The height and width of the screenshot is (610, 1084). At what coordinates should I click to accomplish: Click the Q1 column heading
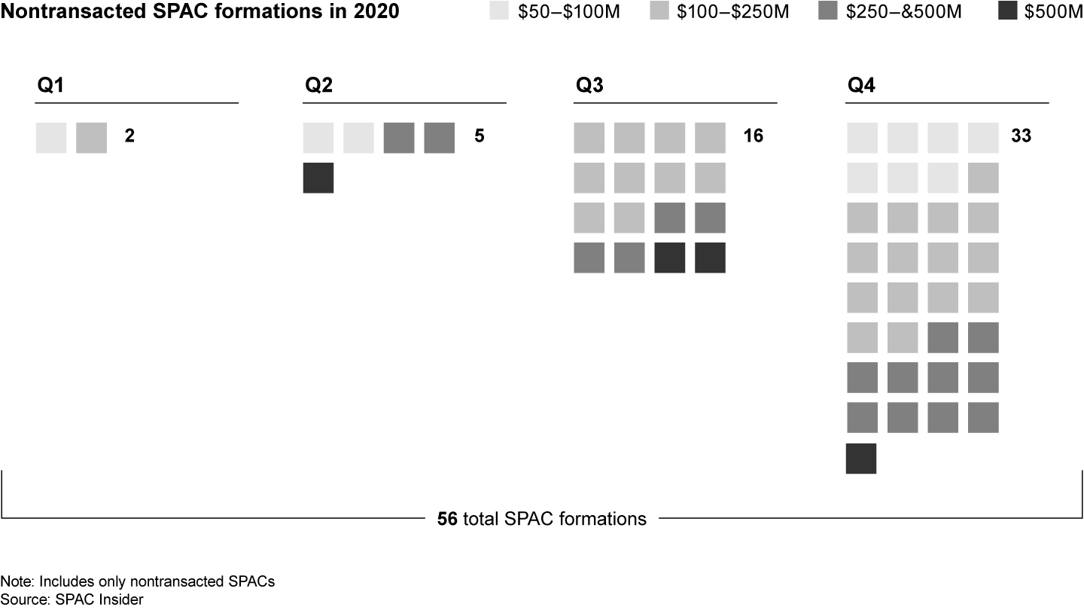point(50,86)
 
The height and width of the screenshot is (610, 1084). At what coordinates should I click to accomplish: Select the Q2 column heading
point(318,86)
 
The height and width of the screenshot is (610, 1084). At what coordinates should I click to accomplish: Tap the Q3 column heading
point(589,86)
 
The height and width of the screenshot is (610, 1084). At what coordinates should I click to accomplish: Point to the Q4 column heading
point(861,86)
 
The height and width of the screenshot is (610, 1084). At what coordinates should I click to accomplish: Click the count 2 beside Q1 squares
point(129,137)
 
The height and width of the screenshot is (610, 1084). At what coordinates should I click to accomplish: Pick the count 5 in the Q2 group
point(480,137)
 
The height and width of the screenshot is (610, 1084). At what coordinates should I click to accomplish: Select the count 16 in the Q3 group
point(753,137)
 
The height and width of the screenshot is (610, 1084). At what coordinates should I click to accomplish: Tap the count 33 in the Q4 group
point(1022,137)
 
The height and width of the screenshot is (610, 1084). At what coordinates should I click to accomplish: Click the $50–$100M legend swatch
point(499,12)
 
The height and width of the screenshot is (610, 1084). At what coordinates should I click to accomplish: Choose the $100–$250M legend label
point(732,13)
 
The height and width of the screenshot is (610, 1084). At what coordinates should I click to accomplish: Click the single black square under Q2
point(318,178)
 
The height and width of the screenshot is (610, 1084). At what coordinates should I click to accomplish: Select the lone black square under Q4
point(861,459)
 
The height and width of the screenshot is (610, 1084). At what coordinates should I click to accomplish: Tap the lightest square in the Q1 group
point(51,138)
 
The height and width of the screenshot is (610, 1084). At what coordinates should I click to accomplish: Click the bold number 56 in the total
point(447,519)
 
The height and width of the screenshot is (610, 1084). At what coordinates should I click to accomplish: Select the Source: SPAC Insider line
point(72,599)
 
